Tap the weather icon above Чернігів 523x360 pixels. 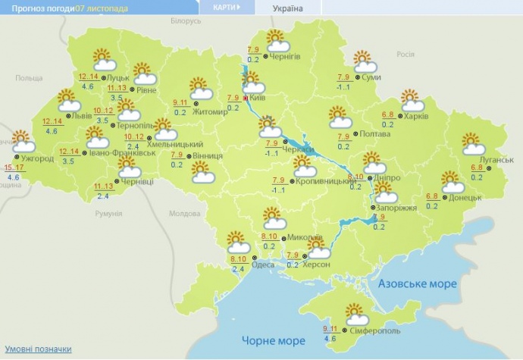click(274, 39)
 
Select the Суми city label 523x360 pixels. click(371, 78)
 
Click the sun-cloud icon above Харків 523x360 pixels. click(410, 99)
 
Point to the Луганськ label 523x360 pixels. click(497, 160)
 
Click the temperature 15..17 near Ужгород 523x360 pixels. click(14, 167)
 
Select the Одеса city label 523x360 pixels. click(263, 264)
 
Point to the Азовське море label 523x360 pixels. click(417, 283)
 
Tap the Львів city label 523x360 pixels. click(79, 116)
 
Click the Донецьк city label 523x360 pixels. click(465, 197)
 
